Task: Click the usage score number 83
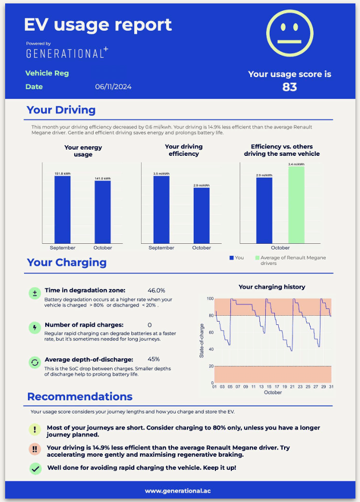[289, 87]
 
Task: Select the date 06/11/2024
[114, 87]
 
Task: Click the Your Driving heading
[61, 110]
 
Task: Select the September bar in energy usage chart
[62, 210]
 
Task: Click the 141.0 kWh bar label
[103, 178]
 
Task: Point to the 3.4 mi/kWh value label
[296, 164]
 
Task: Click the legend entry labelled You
[236, 258]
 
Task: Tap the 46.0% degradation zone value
[156, 291]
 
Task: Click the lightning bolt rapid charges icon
[34, 327]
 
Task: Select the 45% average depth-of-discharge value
[154, 359]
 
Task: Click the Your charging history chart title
[271, 287]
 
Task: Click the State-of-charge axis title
[202, 340]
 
